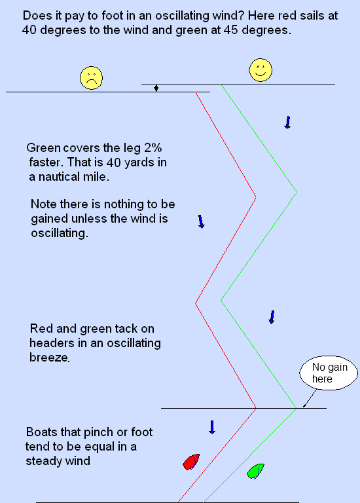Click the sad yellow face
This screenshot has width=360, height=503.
point(92,78)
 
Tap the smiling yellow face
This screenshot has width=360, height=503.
point(261,70)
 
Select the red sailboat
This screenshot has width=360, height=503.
point(191,462)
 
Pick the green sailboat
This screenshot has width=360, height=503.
point(255,471)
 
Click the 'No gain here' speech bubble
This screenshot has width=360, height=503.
point(329,373)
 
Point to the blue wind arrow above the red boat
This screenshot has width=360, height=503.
point(212,427)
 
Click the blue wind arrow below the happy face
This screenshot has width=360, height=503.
point(287,122)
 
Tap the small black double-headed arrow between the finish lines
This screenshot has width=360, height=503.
point(156,88)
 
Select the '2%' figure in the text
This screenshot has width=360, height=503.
point(153,147)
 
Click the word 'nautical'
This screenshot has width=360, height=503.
point(59,176)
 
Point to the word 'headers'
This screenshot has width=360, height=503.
point(50,343)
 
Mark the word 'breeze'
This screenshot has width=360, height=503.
point(49,357)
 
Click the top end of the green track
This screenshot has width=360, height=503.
point(221,84)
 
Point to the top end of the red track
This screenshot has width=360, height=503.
point(196,92)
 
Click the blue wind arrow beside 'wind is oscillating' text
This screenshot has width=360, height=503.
point(201,221)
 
